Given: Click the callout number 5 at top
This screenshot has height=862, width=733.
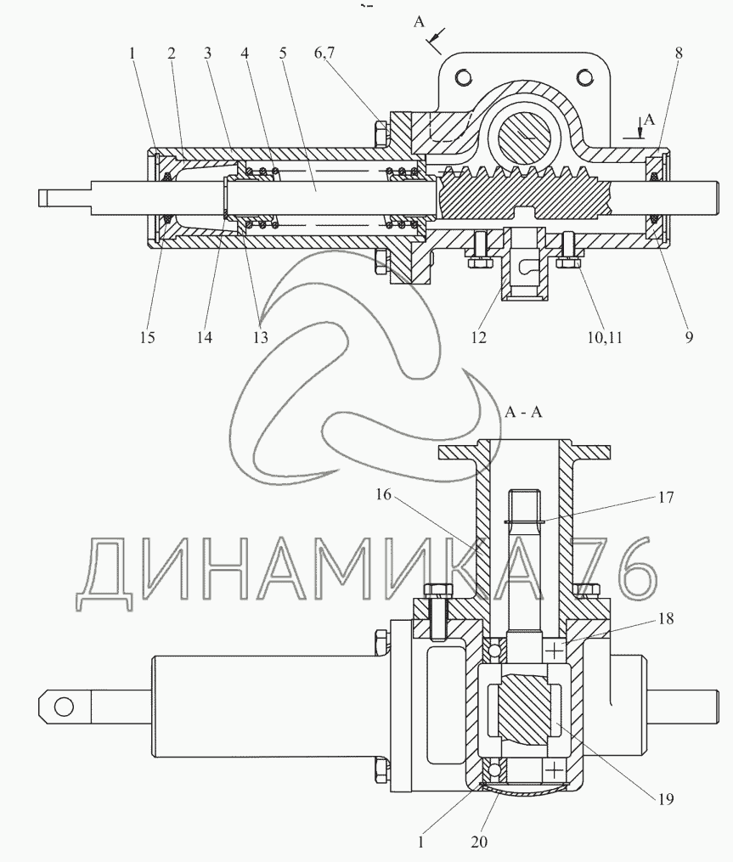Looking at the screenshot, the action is click(x=283, y=53).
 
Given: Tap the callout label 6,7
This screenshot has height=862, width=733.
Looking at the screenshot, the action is click(x=324, y=54).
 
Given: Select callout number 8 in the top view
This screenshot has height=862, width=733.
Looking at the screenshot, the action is click(x=679, y=53).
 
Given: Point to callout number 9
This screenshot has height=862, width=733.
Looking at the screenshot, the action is click(x=689, y=336).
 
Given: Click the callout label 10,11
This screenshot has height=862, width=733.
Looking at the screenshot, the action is click(x=605, y=337).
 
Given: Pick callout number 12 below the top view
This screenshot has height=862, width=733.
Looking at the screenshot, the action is click(x=479, y=336).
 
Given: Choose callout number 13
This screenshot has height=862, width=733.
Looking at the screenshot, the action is click(x=260, y=336).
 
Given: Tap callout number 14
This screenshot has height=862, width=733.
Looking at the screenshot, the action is click(x=205, y=336).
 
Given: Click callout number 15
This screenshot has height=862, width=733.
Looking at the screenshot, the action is click(x=148, y=336).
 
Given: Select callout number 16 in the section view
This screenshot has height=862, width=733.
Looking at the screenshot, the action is click(x=383, y=495).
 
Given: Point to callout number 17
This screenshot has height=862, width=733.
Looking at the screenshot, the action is click(x=666, y=497).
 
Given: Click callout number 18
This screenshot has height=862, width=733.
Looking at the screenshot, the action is click(x=666, y=618).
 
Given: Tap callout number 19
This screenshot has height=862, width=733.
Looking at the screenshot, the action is click(x=666, y=798).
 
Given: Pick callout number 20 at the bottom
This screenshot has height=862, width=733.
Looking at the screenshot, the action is click(x=479, y=842).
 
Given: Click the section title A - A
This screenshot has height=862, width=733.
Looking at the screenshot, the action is click(x=523, y=412).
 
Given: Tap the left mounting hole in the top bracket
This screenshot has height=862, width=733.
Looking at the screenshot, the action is click(x=465, y=76).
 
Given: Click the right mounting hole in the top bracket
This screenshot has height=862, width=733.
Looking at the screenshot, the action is click(x=584, y=76).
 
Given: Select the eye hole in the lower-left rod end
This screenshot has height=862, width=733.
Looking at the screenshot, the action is click(x=65, y=707).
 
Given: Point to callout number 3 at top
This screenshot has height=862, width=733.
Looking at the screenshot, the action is click(x=207, y=53).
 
